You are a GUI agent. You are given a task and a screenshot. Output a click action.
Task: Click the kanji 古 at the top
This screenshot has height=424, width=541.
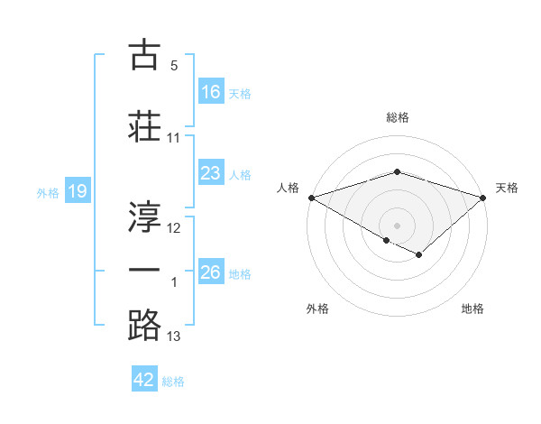click(x=145, y=55)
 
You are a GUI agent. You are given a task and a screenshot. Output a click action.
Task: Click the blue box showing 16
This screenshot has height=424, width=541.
click(x=211, y=91)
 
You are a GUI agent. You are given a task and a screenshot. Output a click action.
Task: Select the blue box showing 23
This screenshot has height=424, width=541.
click(x=211, y=173)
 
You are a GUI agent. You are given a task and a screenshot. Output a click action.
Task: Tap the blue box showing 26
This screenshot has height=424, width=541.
click(x=211, y=272)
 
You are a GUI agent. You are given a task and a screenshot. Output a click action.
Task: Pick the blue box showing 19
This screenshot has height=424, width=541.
click(x=77, y=191)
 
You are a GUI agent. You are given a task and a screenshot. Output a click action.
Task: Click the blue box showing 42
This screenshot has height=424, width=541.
click(x=144, y=380)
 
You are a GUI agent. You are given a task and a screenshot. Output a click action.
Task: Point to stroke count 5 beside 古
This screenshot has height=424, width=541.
click(x=174, y=66)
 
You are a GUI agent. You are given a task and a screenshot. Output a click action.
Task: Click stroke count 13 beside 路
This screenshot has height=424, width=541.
click(x=174, y=337)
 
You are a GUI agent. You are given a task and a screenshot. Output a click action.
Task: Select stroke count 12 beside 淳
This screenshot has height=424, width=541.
click(x=174, y=228)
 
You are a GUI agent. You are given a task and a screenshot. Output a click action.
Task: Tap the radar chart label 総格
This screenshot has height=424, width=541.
click(x=398, y=117)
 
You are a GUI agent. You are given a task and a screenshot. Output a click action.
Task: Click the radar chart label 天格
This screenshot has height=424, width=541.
click(x=507, y=188)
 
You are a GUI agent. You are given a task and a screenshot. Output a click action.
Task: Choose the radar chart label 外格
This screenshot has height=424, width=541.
click(x=317, y=309)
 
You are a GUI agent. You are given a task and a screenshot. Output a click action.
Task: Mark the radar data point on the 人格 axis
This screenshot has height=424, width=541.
click(x=310, y=197)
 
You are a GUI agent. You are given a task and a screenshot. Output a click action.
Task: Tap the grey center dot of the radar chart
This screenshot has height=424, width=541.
click(x=398, y=225)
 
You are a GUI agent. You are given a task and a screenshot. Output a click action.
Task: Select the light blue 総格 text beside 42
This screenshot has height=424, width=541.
click(x=173, y=382)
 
